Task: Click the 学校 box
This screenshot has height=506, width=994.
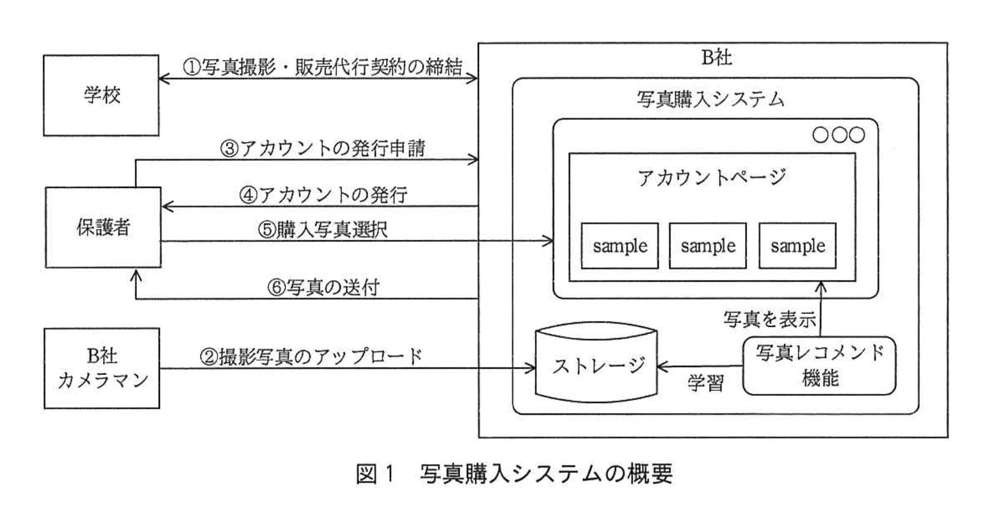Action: [101, 96]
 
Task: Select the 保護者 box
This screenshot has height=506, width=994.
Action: [103, 227]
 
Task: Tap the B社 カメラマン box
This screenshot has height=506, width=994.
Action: [102, 368]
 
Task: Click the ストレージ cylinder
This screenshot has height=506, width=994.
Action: [596, 366]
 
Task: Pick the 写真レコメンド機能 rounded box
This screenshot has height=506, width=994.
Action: [819, 366]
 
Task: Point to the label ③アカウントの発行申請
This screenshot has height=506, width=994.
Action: [322, 148]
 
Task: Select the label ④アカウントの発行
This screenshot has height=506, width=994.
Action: [323, 195]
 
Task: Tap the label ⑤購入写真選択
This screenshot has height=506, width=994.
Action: [322, 229]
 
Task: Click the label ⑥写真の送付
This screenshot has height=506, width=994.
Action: [323, 287]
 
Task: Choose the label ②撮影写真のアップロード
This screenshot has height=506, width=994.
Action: [311, 356]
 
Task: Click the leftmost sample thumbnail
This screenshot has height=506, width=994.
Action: [620, 246]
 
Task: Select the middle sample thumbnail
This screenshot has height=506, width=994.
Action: [708, 246]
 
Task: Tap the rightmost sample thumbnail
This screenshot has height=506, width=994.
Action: [797, 246]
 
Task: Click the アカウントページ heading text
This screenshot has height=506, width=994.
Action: [711, 178]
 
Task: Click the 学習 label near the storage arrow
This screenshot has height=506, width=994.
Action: [705, 383]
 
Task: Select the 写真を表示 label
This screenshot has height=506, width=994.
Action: [769, 319]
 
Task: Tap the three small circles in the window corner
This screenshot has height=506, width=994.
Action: [838, 135]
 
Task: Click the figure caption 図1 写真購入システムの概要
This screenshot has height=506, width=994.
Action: [514, 474]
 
